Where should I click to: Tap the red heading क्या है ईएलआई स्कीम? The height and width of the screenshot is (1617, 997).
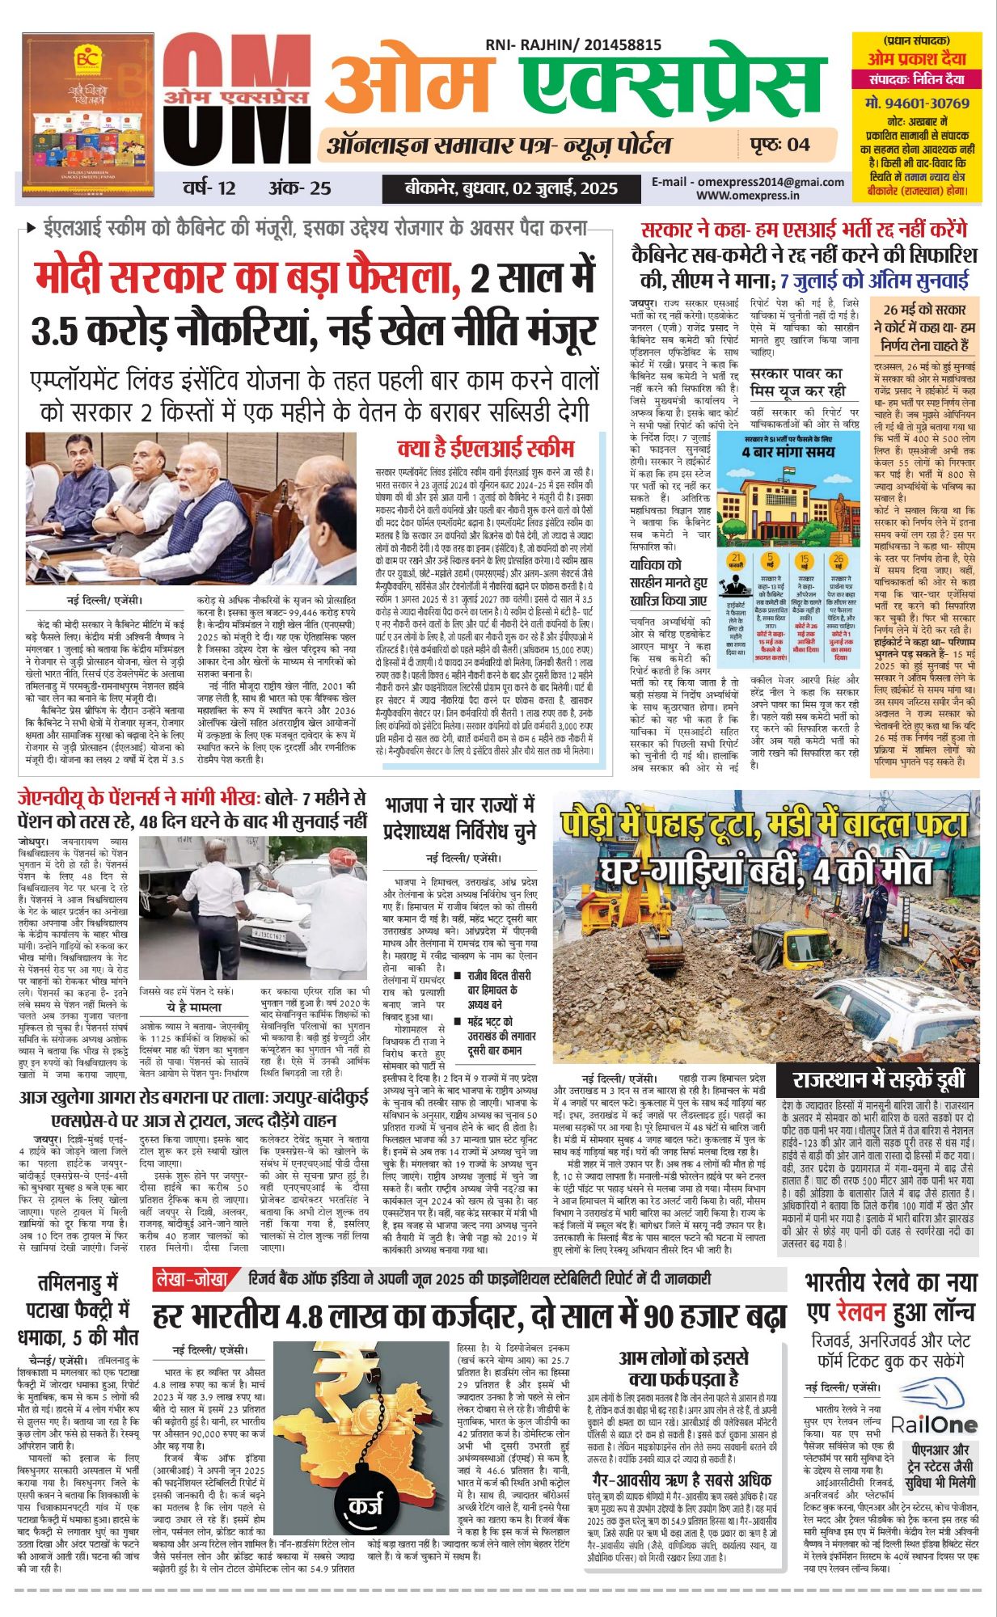485,449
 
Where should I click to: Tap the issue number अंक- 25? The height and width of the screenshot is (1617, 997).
300,188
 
